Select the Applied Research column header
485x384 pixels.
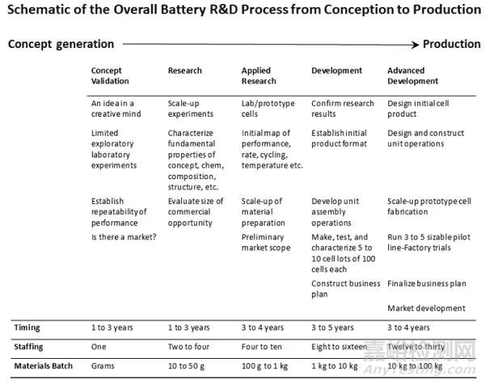pos(256,76)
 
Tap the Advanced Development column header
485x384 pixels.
pos(413,76)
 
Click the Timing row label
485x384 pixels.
pos(27,328)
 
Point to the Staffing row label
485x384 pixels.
pos(31,347)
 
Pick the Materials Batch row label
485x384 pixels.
pos(43,366)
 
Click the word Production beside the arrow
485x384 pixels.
pos(452,45)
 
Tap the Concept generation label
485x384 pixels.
pos(61,45)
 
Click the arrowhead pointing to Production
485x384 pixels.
pos(417,45)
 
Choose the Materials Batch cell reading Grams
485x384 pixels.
pos(103,366)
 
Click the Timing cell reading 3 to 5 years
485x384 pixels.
pos(332,328)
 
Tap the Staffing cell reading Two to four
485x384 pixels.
pos(189,347)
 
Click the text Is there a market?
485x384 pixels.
pos(124,237)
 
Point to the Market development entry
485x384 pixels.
pos(426,308)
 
